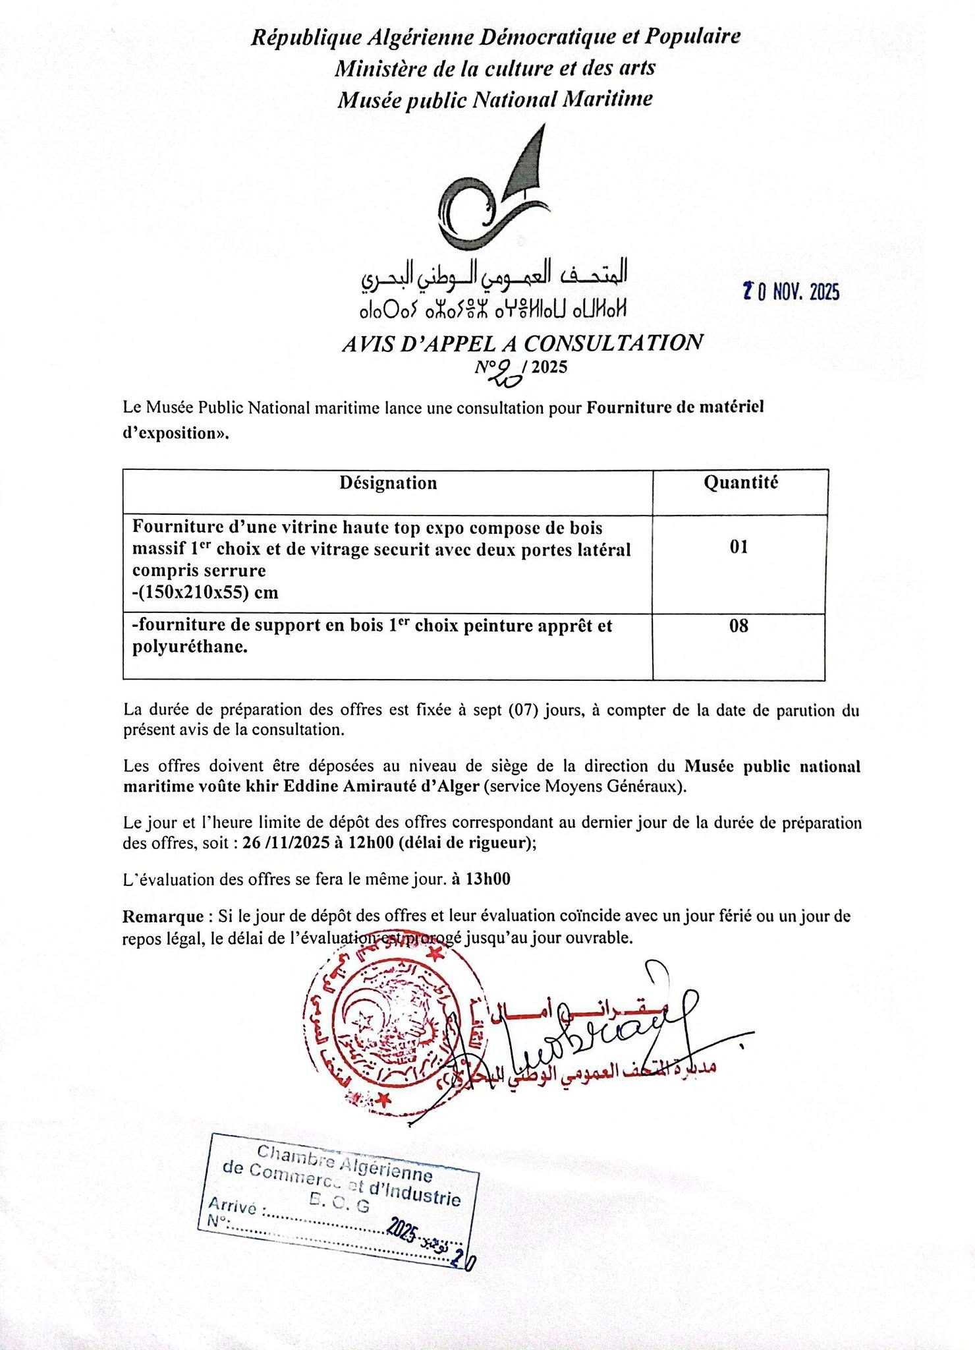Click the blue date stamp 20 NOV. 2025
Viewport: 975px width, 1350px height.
click(x=791, y=291)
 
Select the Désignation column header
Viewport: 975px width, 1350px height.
click(x=388, y=483)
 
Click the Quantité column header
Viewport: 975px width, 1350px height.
click(x=740, y=483)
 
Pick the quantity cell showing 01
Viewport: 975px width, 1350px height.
click(x=738, y=546)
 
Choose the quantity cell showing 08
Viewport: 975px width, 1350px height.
click(x=738, y=626)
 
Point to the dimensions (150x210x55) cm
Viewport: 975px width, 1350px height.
click(x=206, y=592)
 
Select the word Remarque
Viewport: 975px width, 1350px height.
click(x=163, y=916)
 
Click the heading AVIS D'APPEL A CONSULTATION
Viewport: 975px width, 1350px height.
click(x=522, y=343)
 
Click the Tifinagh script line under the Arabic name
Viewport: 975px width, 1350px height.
click(x=493, y=308)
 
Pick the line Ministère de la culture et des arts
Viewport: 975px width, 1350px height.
click(x=494, y=68)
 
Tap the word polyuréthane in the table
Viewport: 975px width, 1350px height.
click(x=190, y=647)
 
